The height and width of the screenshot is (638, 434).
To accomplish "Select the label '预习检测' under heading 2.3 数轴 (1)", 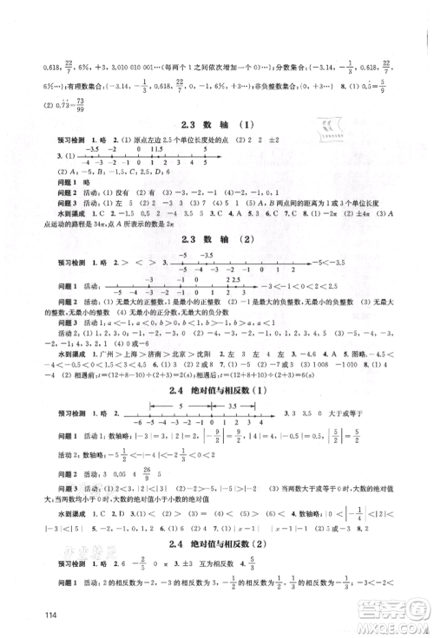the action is point(44,142).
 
